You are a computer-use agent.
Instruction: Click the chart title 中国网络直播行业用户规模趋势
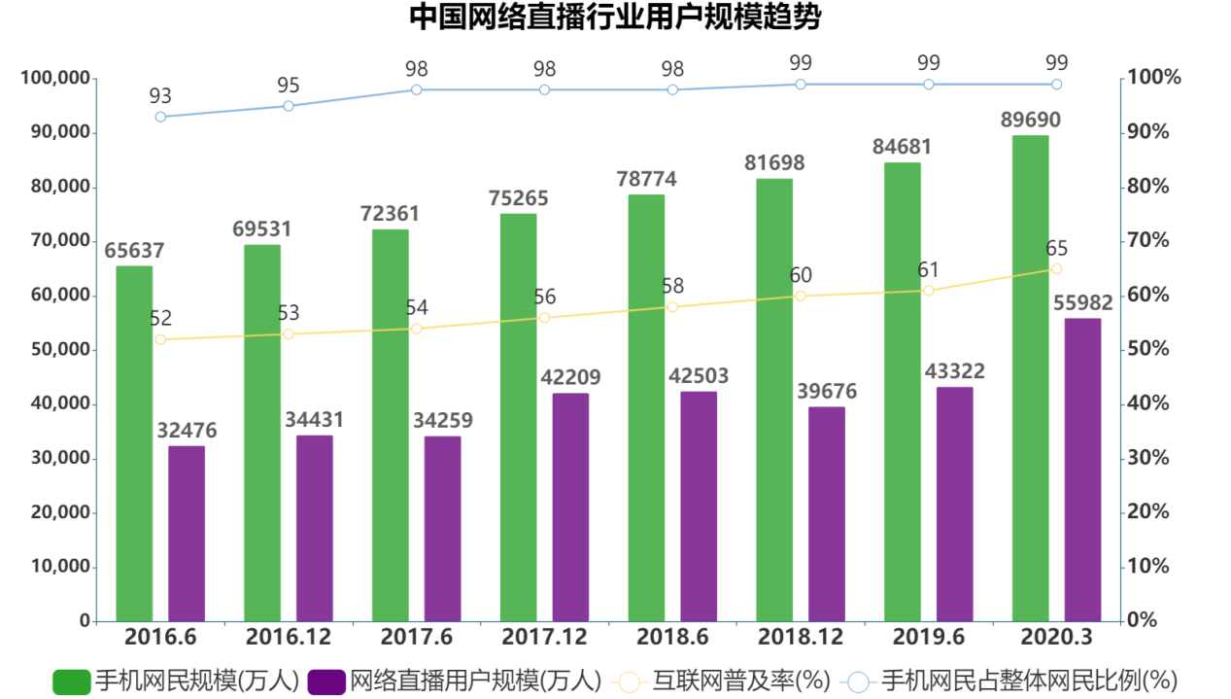point(614,17)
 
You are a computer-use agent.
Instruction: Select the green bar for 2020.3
point(1030,379)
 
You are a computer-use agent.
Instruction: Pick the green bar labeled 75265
point(518,418)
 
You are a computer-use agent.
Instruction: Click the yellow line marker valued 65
point(1056,269)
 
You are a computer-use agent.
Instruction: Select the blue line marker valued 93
point(160,117)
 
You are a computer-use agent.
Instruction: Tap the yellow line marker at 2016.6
point(160,339)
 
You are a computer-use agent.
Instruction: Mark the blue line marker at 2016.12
point(289,106)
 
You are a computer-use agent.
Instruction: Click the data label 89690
point(1030,121)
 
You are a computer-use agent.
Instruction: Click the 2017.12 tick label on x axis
point(544,638)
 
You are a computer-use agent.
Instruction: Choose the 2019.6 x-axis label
point(928,638)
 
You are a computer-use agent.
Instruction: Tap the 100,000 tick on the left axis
point(55,79)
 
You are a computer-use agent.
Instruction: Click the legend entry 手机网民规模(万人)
point(175,681)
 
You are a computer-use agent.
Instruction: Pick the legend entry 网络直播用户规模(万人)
point(455,681)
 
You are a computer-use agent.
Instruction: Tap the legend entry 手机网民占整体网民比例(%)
point(1010,681)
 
